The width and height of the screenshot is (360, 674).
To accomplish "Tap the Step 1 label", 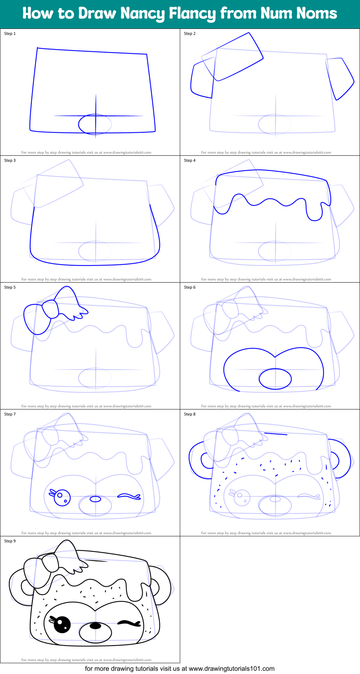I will pyautogui.click(x=10, y=34).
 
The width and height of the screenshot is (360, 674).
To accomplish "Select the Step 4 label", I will pyautogui.click(x=190, y=160).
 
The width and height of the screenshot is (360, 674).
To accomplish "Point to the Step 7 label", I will pyautogui.click(x=10, y=414).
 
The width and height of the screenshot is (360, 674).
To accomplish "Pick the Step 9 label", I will pyautogui.click(x=10, y=541).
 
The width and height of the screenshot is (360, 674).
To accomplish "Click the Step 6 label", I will pyautogui.click(x=190, y=287).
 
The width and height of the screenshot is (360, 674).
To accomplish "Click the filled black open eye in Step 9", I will pyautogui.click(x=62, y=625).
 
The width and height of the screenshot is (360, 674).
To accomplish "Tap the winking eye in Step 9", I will pyautogui.click(x=128, y=623).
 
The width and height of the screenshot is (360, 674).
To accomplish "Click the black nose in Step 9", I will pyautogui.click(x=95, y=626).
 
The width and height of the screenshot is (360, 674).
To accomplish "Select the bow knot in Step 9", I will pyautogui.click(x=50, y=563).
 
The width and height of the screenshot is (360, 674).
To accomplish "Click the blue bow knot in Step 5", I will pyautogui.click(x=50, y=310).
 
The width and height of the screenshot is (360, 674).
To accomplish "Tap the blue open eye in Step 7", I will pyautogui.click(x=62, y=498).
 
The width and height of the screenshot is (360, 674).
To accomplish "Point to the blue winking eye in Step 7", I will pyautogui.click(x=129, y=496).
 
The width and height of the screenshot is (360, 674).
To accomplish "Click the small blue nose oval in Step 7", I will pyautogui.click(x=95, y=499).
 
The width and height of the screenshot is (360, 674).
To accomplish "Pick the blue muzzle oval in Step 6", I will pyautogui.click(x=275, y=378).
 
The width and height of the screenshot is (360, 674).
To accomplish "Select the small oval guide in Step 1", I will pyautogui.click(x=95, y=124).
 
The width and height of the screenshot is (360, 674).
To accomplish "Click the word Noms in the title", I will pyautogui.click(x=316, y=14).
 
